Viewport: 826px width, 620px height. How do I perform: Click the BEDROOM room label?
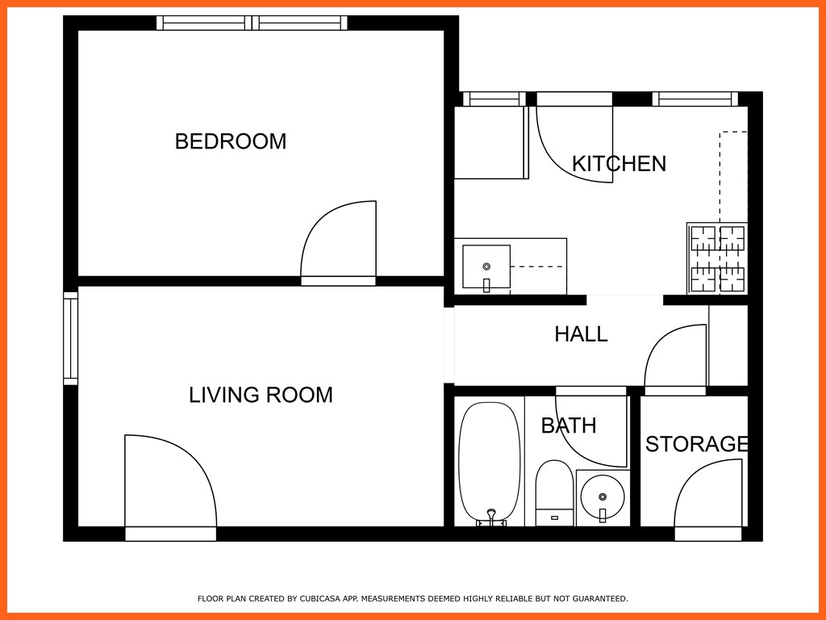pyautogui.click(x=231, y=141)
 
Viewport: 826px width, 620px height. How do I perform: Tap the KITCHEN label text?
pyautogui.click(x=619, y=164)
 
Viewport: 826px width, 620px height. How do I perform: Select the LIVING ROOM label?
pyautogui.click(x=261, y=395)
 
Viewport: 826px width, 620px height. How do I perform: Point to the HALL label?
pyautogui.click(x=581, y=334)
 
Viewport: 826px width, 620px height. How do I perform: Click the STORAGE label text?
pyautogui.click(x=696, y=444)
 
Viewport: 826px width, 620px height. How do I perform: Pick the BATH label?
pyautogui.click(x=568, y=425)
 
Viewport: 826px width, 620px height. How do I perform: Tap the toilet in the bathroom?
pyautogui.click(x=554, y=491)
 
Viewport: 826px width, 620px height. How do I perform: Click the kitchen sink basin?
pyautogui.click(x=486, y=266)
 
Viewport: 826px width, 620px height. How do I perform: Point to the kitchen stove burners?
pyautogui.click(x=717, y=258)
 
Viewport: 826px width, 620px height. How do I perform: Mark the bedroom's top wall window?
pyautogui.click(x=252, y=23)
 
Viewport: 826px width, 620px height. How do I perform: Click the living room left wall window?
pyautogui.click(x=71, y=338)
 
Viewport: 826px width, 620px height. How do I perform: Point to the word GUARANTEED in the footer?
pyautogui.click(x=599, y=599)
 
